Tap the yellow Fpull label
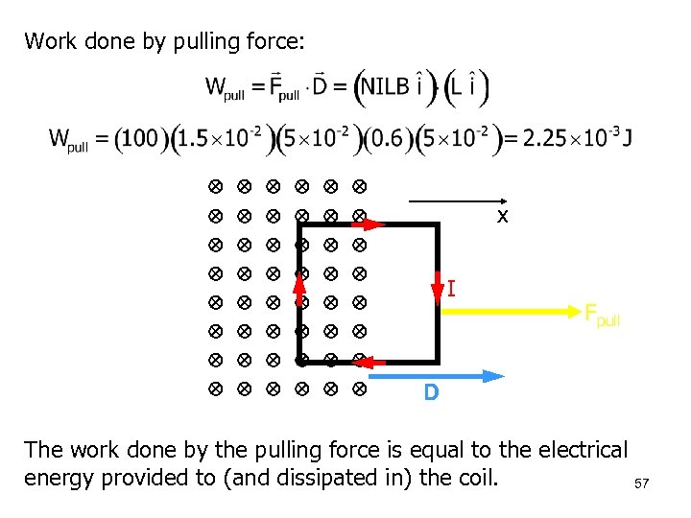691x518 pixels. click(x=603, y=315)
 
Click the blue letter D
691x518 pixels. click(x=432, y=393)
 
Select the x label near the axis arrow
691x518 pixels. click(x=502, y=218)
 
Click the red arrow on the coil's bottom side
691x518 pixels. click(x=375, y=362)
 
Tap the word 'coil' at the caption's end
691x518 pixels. click(x=476, y=478)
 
